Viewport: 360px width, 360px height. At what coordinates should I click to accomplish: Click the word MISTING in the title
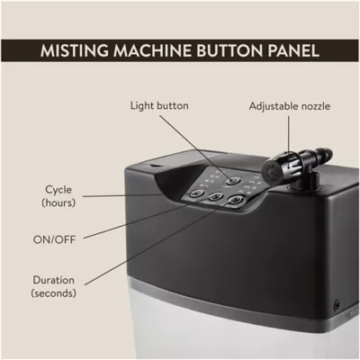point(75,50)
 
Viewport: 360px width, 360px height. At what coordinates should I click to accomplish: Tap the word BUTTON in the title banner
point(229,50)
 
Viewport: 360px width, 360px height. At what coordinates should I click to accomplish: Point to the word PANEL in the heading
point(293,50)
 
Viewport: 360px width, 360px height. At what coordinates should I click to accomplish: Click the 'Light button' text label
point(159,106)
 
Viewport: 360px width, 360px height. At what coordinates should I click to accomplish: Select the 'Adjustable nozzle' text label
point(290,106)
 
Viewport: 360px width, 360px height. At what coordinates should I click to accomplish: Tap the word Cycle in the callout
point(58,190)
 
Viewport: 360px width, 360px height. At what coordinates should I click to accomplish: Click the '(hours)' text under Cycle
point(58,202)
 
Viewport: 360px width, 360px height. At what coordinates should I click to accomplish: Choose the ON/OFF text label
point(54,239)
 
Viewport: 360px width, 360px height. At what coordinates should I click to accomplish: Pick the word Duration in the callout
point(53,280)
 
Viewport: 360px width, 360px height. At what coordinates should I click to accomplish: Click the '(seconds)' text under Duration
point(53,292)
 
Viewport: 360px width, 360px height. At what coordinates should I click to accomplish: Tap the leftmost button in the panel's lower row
point(196,193)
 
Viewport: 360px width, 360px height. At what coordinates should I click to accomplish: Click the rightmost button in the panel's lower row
point(237,199)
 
